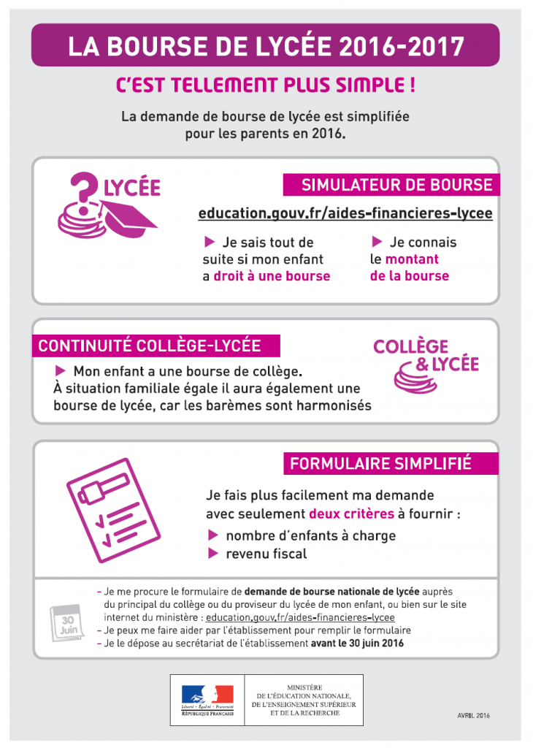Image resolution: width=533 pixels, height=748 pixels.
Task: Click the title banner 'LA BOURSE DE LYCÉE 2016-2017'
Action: tap(266, 46)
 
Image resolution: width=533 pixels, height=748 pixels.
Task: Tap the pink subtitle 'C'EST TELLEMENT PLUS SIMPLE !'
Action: tap(266, 85)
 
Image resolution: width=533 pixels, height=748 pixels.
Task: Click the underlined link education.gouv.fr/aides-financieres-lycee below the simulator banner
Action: tap(345, 213)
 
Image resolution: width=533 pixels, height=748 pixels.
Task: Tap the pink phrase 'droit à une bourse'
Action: tap(272, 276)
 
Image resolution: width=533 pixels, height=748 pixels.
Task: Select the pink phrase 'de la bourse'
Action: tap(409, 276)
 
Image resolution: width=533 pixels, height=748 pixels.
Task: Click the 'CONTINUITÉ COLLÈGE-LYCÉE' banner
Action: tap(149, 346)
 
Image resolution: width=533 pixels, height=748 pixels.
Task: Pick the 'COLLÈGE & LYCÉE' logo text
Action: tap(426, 355)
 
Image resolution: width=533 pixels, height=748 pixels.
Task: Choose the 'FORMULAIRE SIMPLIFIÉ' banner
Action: tap(380, 463)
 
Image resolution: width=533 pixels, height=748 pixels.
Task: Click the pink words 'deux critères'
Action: tap(351, 514)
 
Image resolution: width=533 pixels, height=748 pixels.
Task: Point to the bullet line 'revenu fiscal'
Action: tap(266, 554)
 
